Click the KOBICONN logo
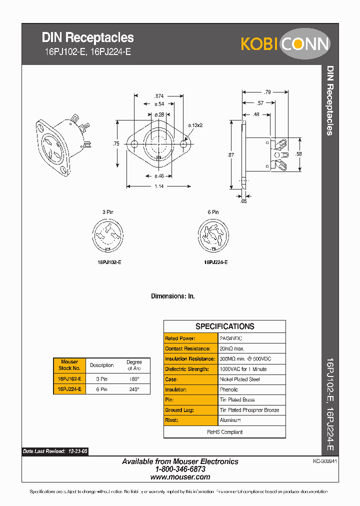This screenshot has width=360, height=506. (285, 43)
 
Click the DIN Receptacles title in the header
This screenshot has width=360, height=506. (87, 37)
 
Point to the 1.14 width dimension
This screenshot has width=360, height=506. (158, 186)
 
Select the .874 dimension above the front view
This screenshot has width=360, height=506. (158, 95)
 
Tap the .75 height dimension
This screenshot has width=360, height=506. (116, 144)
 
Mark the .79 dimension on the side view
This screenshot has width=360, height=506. (267, 92)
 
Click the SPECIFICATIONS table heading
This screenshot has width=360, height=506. (224, 326)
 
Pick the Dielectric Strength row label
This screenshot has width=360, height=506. (187, 369)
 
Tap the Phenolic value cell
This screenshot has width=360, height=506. (229, 389)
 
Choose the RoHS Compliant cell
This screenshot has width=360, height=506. (224, 432)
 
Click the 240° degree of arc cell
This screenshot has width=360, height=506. (134, 389)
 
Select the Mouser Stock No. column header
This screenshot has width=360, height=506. (69, 364)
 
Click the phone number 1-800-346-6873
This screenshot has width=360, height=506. (180, 469)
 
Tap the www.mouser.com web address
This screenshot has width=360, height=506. (180, 477)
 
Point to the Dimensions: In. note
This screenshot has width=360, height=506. (173, 296)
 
